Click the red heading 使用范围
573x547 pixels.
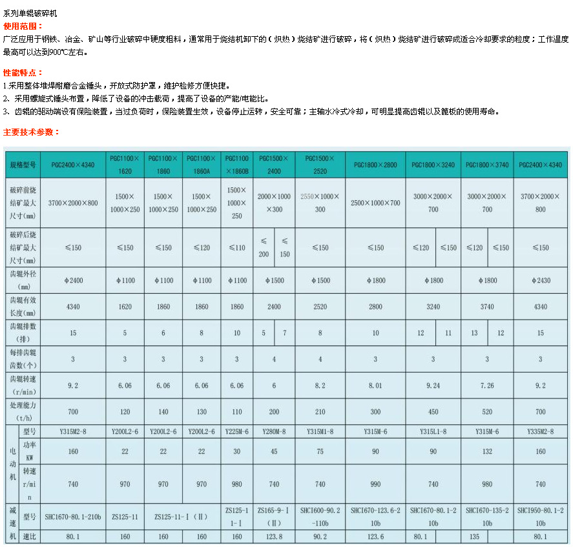[23, 26]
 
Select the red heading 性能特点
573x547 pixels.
[23, 73]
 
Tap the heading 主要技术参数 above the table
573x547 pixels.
[32, 132]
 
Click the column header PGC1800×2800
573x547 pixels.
[375, 165]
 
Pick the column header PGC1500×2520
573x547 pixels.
[320, 165]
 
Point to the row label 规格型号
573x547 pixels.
[23, 165]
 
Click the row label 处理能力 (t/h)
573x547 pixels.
[23, 411]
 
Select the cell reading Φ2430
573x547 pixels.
[541, 281]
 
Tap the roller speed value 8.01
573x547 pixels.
[375, 386]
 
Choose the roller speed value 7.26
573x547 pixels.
[487, 386]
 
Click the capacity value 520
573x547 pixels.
[487, 411]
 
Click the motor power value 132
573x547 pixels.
[487, 451]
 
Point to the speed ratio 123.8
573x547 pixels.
[274, 537]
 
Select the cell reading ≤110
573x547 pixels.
[236, 247]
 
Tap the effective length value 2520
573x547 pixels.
[320, 307]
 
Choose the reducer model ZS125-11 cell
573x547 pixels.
[125, 517]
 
